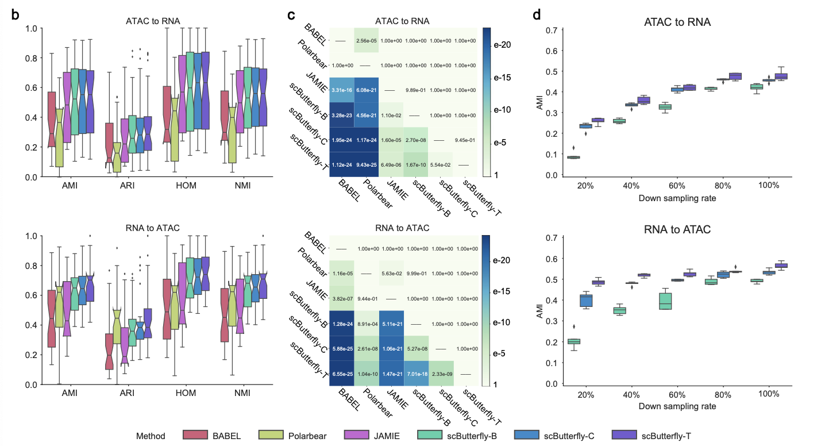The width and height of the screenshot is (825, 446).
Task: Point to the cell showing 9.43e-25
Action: [x=366, y=164]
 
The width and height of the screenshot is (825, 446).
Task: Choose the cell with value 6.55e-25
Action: [x=342, y=373]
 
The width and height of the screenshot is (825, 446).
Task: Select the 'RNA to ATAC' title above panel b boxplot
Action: [x=152, y=227]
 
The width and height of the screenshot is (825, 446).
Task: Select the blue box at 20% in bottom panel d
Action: [x=586, y=300]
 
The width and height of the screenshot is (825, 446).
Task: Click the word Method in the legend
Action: [x=151, y=436]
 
